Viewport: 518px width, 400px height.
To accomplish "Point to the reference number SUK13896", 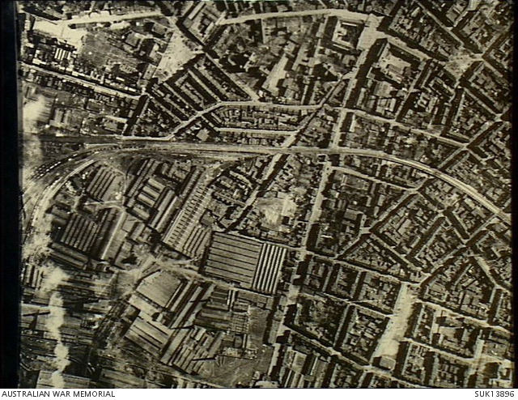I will point(495,394).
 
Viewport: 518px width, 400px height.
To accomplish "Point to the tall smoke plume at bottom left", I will point(57,324).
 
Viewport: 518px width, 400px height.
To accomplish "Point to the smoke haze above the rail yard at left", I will point(36,113).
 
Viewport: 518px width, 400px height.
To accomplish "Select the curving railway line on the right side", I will point(453,178).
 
